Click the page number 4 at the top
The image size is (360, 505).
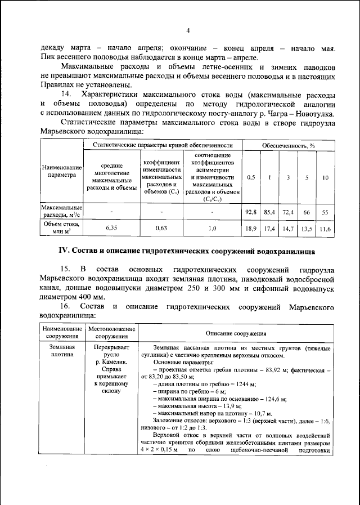[188, 30]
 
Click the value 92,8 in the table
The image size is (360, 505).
[251, 212]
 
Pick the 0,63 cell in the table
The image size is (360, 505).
[161, 229]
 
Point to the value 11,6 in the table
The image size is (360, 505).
[325, 229]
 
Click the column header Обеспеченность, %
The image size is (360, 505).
[288, 145]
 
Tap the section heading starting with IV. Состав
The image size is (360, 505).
[187, 250]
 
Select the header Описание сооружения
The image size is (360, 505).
[236, 333]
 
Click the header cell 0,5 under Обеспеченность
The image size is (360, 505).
[251, 177]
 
